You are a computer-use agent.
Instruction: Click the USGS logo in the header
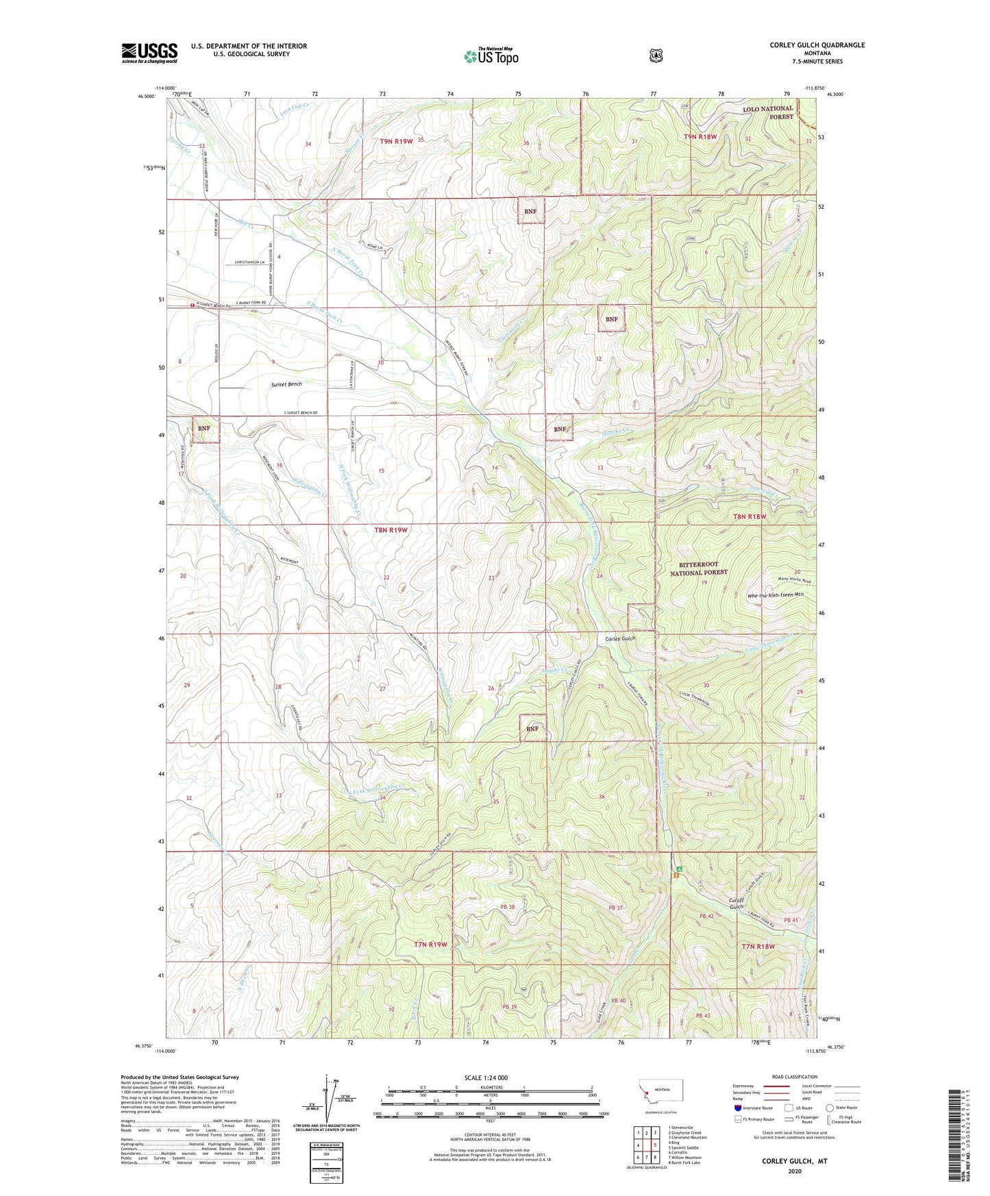[x=149, y=53]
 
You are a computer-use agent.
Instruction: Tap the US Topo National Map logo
[x=491, y=55]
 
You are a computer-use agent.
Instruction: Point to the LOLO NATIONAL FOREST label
[x=768, y=112]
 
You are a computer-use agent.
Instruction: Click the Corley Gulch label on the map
[x=620, y=638]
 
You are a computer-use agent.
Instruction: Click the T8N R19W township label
[x=391, y=530]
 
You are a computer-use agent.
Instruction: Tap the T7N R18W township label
[x=758, y=946]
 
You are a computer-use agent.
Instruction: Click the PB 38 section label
[x=507, y=906]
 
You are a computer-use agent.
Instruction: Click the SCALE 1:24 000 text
[x=486, y=1077]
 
